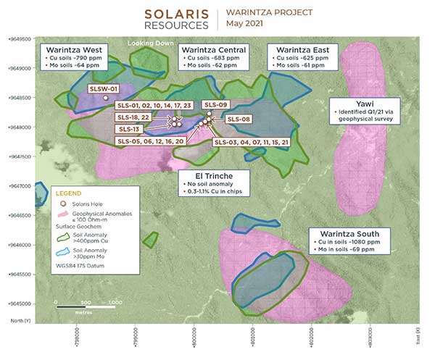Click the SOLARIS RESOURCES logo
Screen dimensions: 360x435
[x=177, y=19]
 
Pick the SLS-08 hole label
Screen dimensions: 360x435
[x=239, y=119]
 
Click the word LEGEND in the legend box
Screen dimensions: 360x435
[x=67, y=193]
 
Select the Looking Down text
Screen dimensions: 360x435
[x=151, y=43]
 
